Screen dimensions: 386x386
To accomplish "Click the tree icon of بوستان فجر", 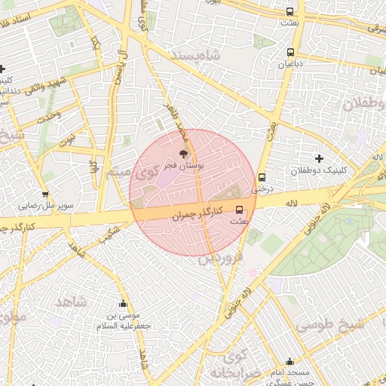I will (x=185, y=153).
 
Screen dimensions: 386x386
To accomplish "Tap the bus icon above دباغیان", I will (x=291, y=52).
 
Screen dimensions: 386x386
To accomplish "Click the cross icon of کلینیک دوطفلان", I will (x=320, y=158).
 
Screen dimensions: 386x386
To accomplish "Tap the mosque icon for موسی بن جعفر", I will (x=124, y=305).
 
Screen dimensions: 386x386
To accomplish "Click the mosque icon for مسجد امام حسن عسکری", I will (x=290, y=362).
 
